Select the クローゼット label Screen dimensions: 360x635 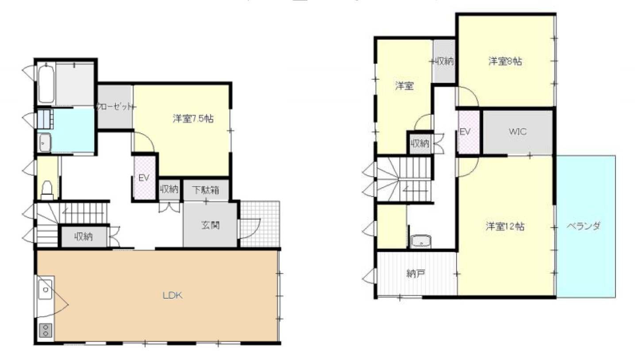coord(115,107)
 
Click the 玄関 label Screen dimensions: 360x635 coord(210,225)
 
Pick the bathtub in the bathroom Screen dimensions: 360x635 coord(46,83)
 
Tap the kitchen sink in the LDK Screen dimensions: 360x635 coord(45,290)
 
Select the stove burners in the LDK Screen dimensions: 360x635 coord(46,330)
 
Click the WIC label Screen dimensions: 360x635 coord(517,132)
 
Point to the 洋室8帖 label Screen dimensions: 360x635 coord(505,62)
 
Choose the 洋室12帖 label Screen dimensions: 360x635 coord(505,226)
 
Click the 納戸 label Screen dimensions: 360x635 coord(416,274)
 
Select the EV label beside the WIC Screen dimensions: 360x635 coord(464,132)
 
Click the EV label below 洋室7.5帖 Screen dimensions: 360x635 coord(143,178)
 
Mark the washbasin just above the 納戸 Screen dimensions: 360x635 coord(420,241)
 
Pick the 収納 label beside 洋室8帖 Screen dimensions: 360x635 coord(444,62)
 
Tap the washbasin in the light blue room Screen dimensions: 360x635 coord(45,142)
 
